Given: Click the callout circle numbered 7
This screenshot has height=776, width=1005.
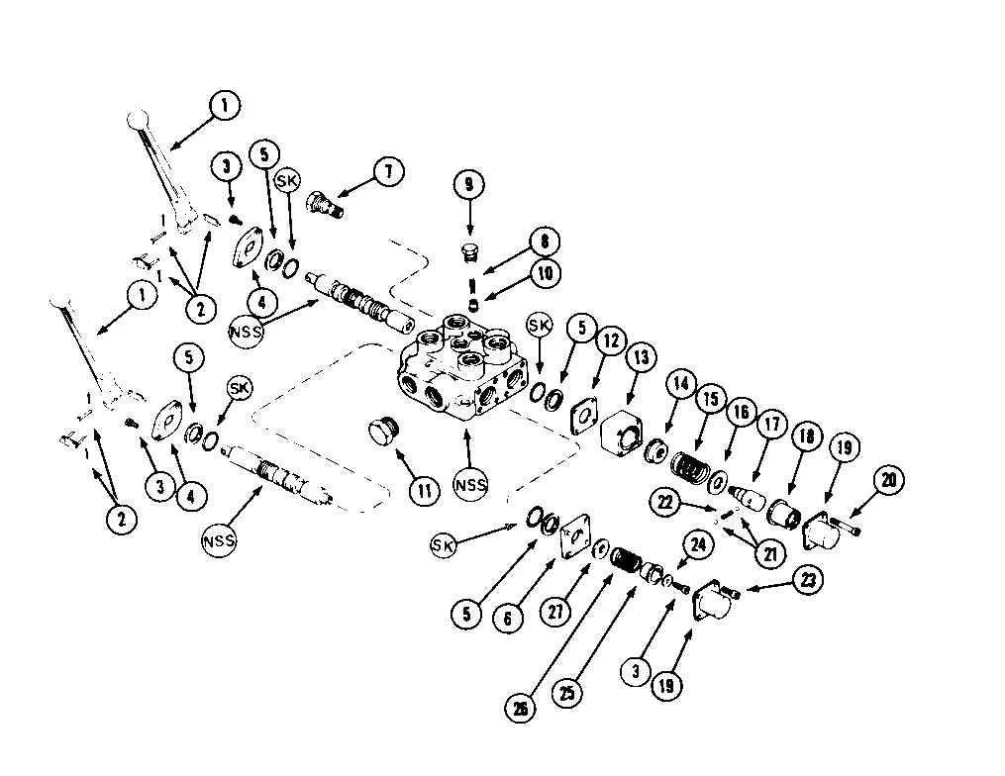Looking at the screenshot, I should coord(389,172).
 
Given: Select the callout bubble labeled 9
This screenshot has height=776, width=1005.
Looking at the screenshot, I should coord(468,185).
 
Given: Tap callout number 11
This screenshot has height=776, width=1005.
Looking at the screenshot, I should coord(425,490).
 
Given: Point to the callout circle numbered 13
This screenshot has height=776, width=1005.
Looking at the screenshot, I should coord(641,357).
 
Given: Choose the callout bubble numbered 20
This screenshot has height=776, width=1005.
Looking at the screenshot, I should coord(887,481).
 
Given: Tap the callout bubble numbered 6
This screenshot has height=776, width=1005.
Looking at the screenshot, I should coord(508,618).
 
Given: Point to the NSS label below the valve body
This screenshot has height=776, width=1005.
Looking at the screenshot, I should coord(472,484).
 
